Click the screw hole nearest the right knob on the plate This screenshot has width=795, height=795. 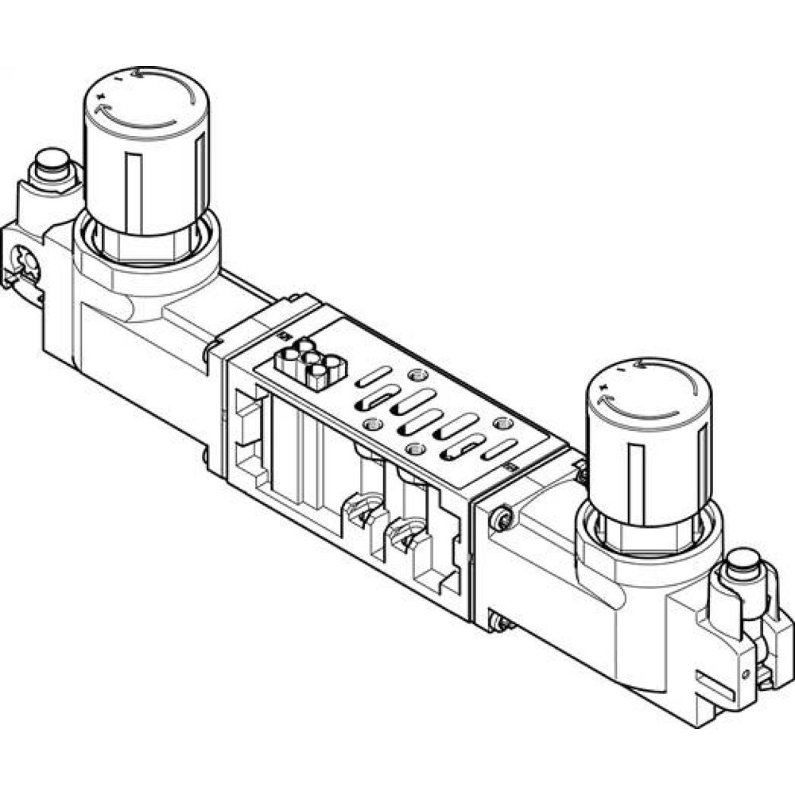coord(500,423)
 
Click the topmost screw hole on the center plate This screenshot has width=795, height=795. coord(413,374)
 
